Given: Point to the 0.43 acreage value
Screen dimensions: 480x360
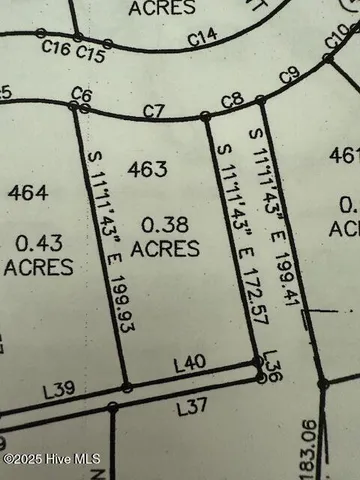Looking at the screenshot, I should click(x=38, y=240).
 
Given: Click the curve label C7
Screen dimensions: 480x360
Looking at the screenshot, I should click(x=153, y=109).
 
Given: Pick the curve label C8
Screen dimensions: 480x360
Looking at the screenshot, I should click(x=231, y=98).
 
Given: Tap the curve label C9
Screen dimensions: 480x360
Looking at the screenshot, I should click(x=290, y=74).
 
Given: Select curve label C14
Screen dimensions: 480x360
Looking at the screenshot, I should click(x=203, y=37).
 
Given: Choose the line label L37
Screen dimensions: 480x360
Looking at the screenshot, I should click(x=190, y=407).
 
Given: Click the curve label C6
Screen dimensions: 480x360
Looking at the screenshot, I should click(x=81, y=94).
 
